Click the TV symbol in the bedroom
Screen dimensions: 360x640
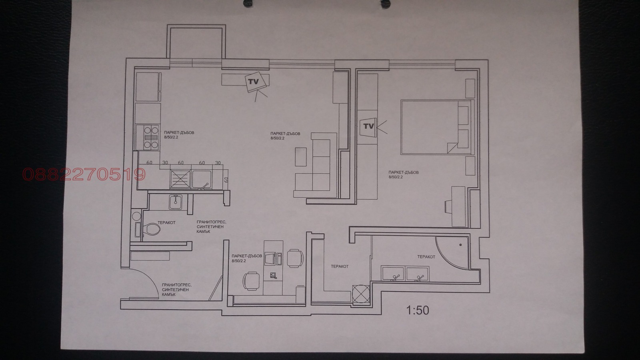(368, 126)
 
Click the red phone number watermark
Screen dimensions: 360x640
(84, 174)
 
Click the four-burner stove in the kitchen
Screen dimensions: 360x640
(148, 137)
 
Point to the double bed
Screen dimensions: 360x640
(436, 127)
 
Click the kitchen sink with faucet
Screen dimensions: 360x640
(202, 179)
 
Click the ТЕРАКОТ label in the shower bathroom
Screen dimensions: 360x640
(426, 257)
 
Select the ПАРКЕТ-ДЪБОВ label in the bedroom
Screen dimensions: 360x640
(403, 173)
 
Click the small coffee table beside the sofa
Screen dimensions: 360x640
(301, 156)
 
